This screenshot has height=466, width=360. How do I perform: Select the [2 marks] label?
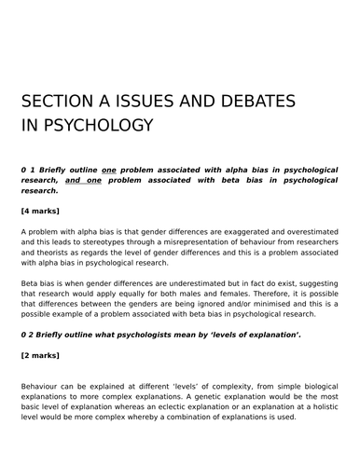46,356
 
